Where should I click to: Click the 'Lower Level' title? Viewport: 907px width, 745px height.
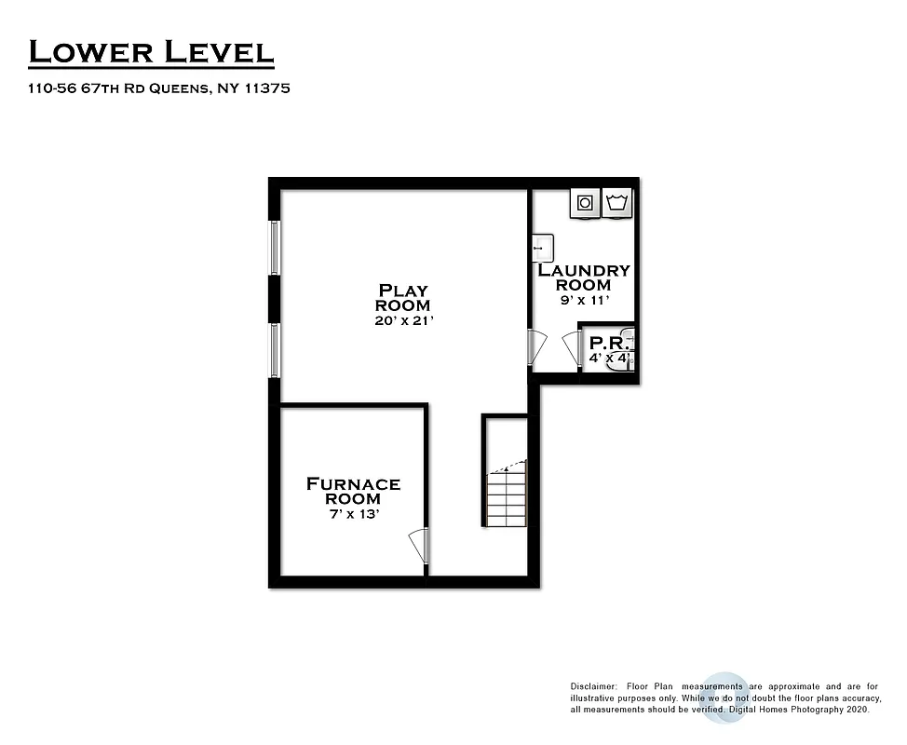(x=151, y=52)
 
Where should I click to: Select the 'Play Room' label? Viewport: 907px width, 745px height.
(x=402, y=297)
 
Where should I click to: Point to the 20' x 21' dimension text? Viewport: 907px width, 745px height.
(x=402, y=320)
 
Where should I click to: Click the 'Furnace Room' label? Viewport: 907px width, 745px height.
(x=353, y=491)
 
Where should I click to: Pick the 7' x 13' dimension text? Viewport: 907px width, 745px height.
(x=353, y=514)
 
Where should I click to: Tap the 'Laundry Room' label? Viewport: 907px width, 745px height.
(x=584, y=278)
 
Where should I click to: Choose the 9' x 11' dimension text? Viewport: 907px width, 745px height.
(x=584, y=300)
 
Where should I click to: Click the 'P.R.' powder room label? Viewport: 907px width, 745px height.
(x=606, y=342)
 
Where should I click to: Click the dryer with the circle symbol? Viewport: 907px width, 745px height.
(x=585, y=202)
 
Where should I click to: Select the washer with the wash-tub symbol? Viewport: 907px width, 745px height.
(x=617, y=202)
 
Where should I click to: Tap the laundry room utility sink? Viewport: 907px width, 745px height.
(x=542, y=249)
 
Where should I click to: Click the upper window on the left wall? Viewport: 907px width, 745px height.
(x=275, y=247)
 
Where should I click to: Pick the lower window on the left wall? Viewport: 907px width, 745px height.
(x=275, y=349)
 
